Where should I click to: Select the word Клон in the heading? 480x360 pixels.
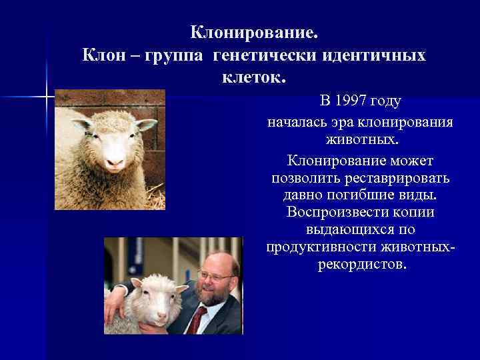(104, 56)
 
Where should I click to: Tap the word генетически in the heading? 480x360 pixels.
(264, 56)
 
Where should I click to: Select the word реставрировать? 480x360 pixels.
(397, 178)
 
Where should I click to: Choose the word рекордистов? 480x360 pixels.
(362, 265)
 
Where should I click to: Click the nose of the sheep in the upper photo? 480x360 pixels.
(115, 161)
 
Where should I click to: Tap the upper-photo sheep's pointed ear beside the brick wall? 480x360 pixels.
(146, 124)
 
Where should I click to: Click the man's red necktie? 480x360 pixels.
(197, 319)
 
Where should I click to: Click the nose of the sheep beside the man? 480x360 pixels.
(161, 315)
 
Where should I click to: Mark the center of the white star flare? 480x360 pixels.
(47, 97)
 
